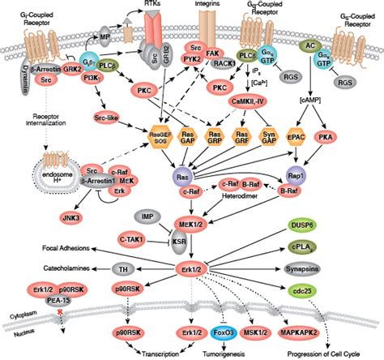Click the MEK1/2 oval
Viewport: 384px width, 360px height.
196,223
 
